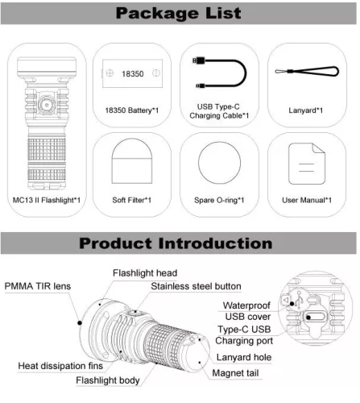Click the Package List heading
click(179, 15)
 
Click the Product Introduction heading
click(179, 243)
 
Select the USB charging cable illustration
click(221, 73)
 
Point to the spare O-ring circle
click(221, 164)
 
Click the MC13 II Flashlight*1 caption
click(46, 199)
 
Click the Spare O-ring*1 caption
click(221, 199)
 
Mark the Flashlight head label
click(144, 273)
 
